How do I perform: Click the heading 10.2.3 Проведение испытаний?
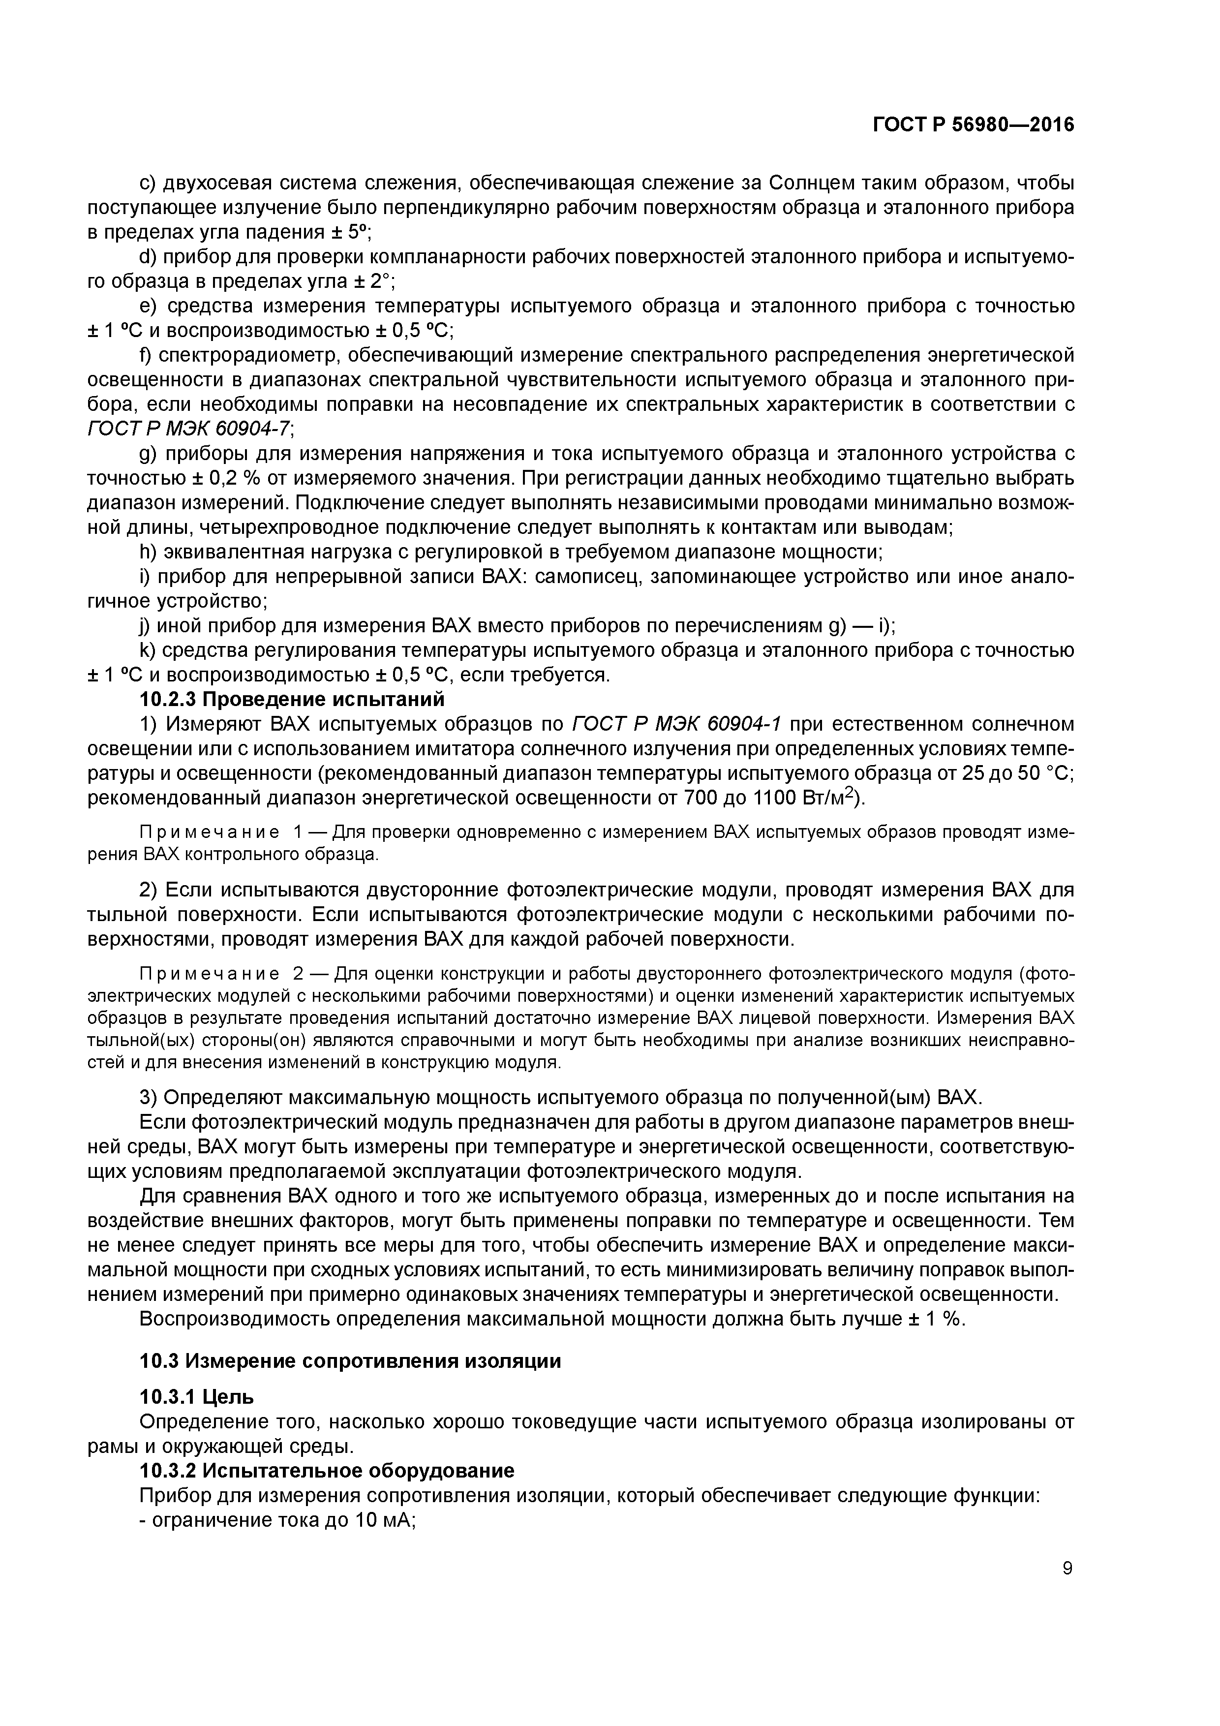(292, 699)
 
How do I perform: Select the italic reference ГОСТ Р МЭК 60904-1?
(676, 724)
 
